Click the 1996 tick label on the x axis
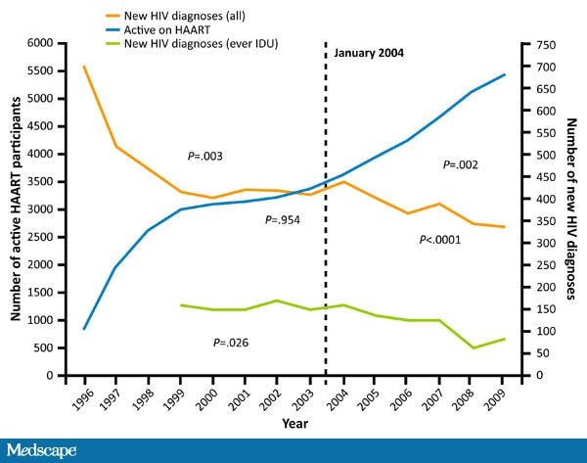point(82,397)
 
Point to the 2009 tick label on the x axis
point(501,397)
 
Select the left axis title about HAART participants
point(17,208)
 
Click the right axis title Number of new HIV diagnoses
point(571,208)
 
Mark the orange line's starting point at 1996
point(84,67)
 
